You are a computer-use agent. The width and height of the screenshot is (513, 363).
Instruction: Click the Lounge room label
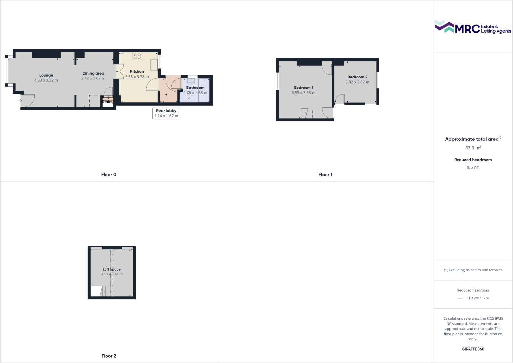point(46,75)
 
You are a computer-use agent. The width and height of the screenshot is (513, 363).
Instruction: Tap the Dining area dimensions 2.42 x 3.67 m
point(93,78)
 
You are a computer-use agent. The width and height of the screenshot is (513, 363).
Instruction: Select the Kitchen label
point(137,72)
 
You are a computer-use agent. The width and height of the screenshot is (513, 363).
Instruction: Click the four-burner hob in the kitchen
point(137,56)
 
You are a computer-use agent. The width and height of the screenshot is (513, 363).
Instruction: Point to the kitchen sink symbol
point(154,65)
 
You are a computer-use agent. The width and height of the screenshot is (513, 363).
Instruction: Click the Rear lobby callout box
point(166,113)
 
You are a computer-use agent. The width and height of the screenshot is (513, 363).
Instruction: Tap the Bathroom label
point(195,88)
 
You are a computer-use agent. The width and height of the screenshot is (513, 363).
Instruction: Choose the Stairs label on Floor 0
point(107,102)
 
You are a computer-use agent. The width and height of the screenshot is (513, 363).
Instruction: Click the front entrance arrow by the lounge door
point(20,101)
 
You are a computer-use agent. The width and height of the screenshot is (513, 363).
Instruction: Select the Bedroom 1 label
point(304,88)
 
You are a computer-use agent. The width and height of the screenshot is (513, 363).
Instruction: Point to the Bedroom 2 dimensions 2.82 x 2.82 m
point(357,82)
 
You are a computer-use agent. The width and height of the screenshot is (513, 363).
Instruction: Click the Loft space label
point(112,269)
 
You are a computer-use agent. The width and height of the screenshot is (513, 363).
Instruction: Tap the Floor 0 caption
point(109,175)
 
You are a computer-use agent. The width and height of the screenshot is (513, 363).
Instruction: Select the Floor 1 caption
point(325,175)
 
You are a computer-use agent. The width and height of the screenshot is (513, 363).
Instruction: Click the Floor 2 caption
point(109,356)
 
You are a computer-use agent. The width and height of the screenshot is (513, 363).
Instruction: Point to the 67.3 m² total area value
point(473,148)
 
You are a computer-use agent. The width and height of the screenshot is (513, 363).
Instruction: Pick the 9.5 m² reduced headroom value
point(473,167)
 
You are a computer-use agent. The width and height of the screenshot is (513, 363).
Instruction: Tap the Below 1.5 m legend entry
point(479,298)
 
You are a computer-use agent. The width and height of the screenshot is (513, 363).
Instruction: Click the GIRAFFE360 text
point(473,349)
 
